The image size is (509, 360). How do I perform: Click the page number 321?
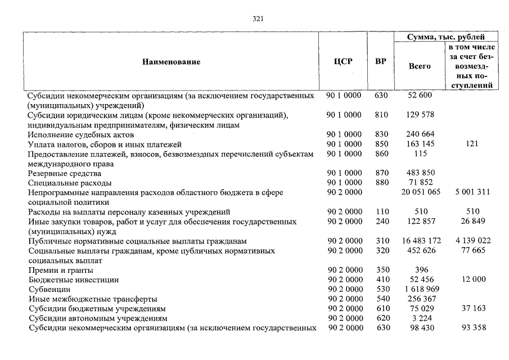coord(258,19)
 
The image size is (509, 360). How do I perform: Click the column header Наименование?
coord(171,62)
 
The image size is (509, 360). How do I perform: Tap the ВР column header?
coord(381,62)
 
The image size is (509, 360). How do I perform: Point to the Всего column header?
coord(419,66)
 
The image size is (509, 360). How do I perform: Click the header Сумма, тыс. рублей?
coord(445,38)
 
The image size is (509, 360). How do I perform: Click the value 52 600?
coord(419,96)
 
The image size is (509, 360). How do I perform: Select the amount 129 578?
coord(419,115)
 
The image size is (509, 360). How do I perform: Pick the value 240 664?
coord(419,135)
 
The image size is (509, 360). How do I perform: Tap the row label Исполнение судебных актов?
coord(81,135)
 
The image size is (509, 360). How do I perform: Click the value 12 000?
coord(471,280)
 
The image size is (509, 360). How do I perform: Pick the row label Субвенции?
coord(49,289)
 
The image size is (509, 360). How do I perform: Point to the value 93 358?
coord(471,328)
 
